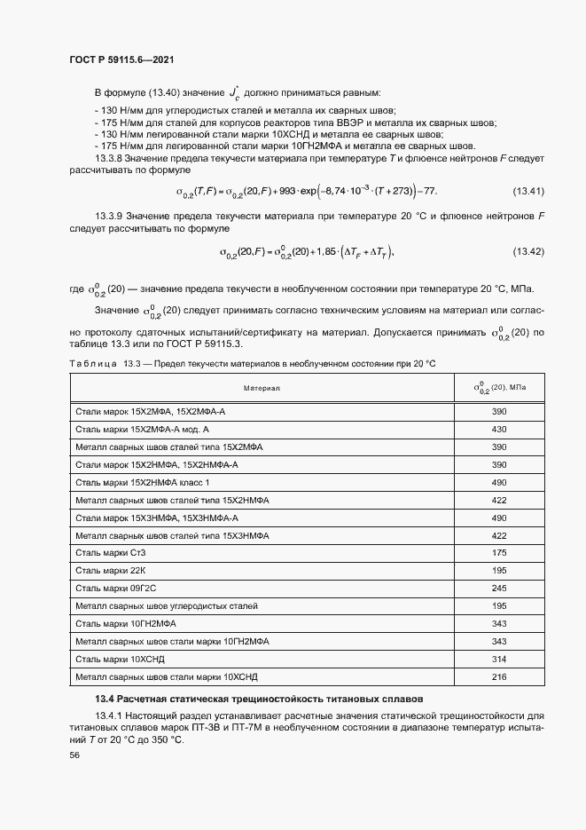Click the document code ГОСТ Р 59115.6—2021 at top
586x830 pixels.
[x=121, y=59]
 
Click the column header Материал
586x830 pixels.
[x=262, y=389]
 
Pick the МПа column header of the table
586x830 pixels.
[x=498, y=388]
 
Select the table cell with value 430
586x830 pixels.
[x=498, y=429]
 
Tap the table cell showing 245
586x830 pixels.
[x=498, y=588]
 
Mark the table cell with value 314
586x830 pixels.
[x=498, y=659]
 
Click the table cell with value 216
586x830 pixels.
[x=498, y=676]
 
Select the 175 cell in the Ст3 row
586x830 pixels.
[x=498, y=552]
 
